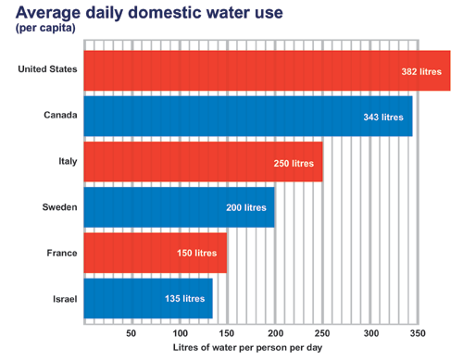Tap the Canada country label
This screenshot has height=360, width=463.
coord(60,116)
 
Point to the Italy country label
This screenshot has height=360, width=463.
coord(67,161)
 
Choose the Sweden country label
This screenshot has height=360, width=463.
coord(59,207)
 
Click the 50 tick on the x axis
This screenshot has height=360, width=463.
coord(131,333)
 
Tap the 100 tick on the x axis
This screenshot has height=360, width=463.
coord(180,333)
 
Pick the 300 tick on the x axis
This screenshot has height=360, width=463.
coord(370,333)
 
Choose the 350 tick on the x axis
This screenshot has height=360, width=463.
coord(418,333)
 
